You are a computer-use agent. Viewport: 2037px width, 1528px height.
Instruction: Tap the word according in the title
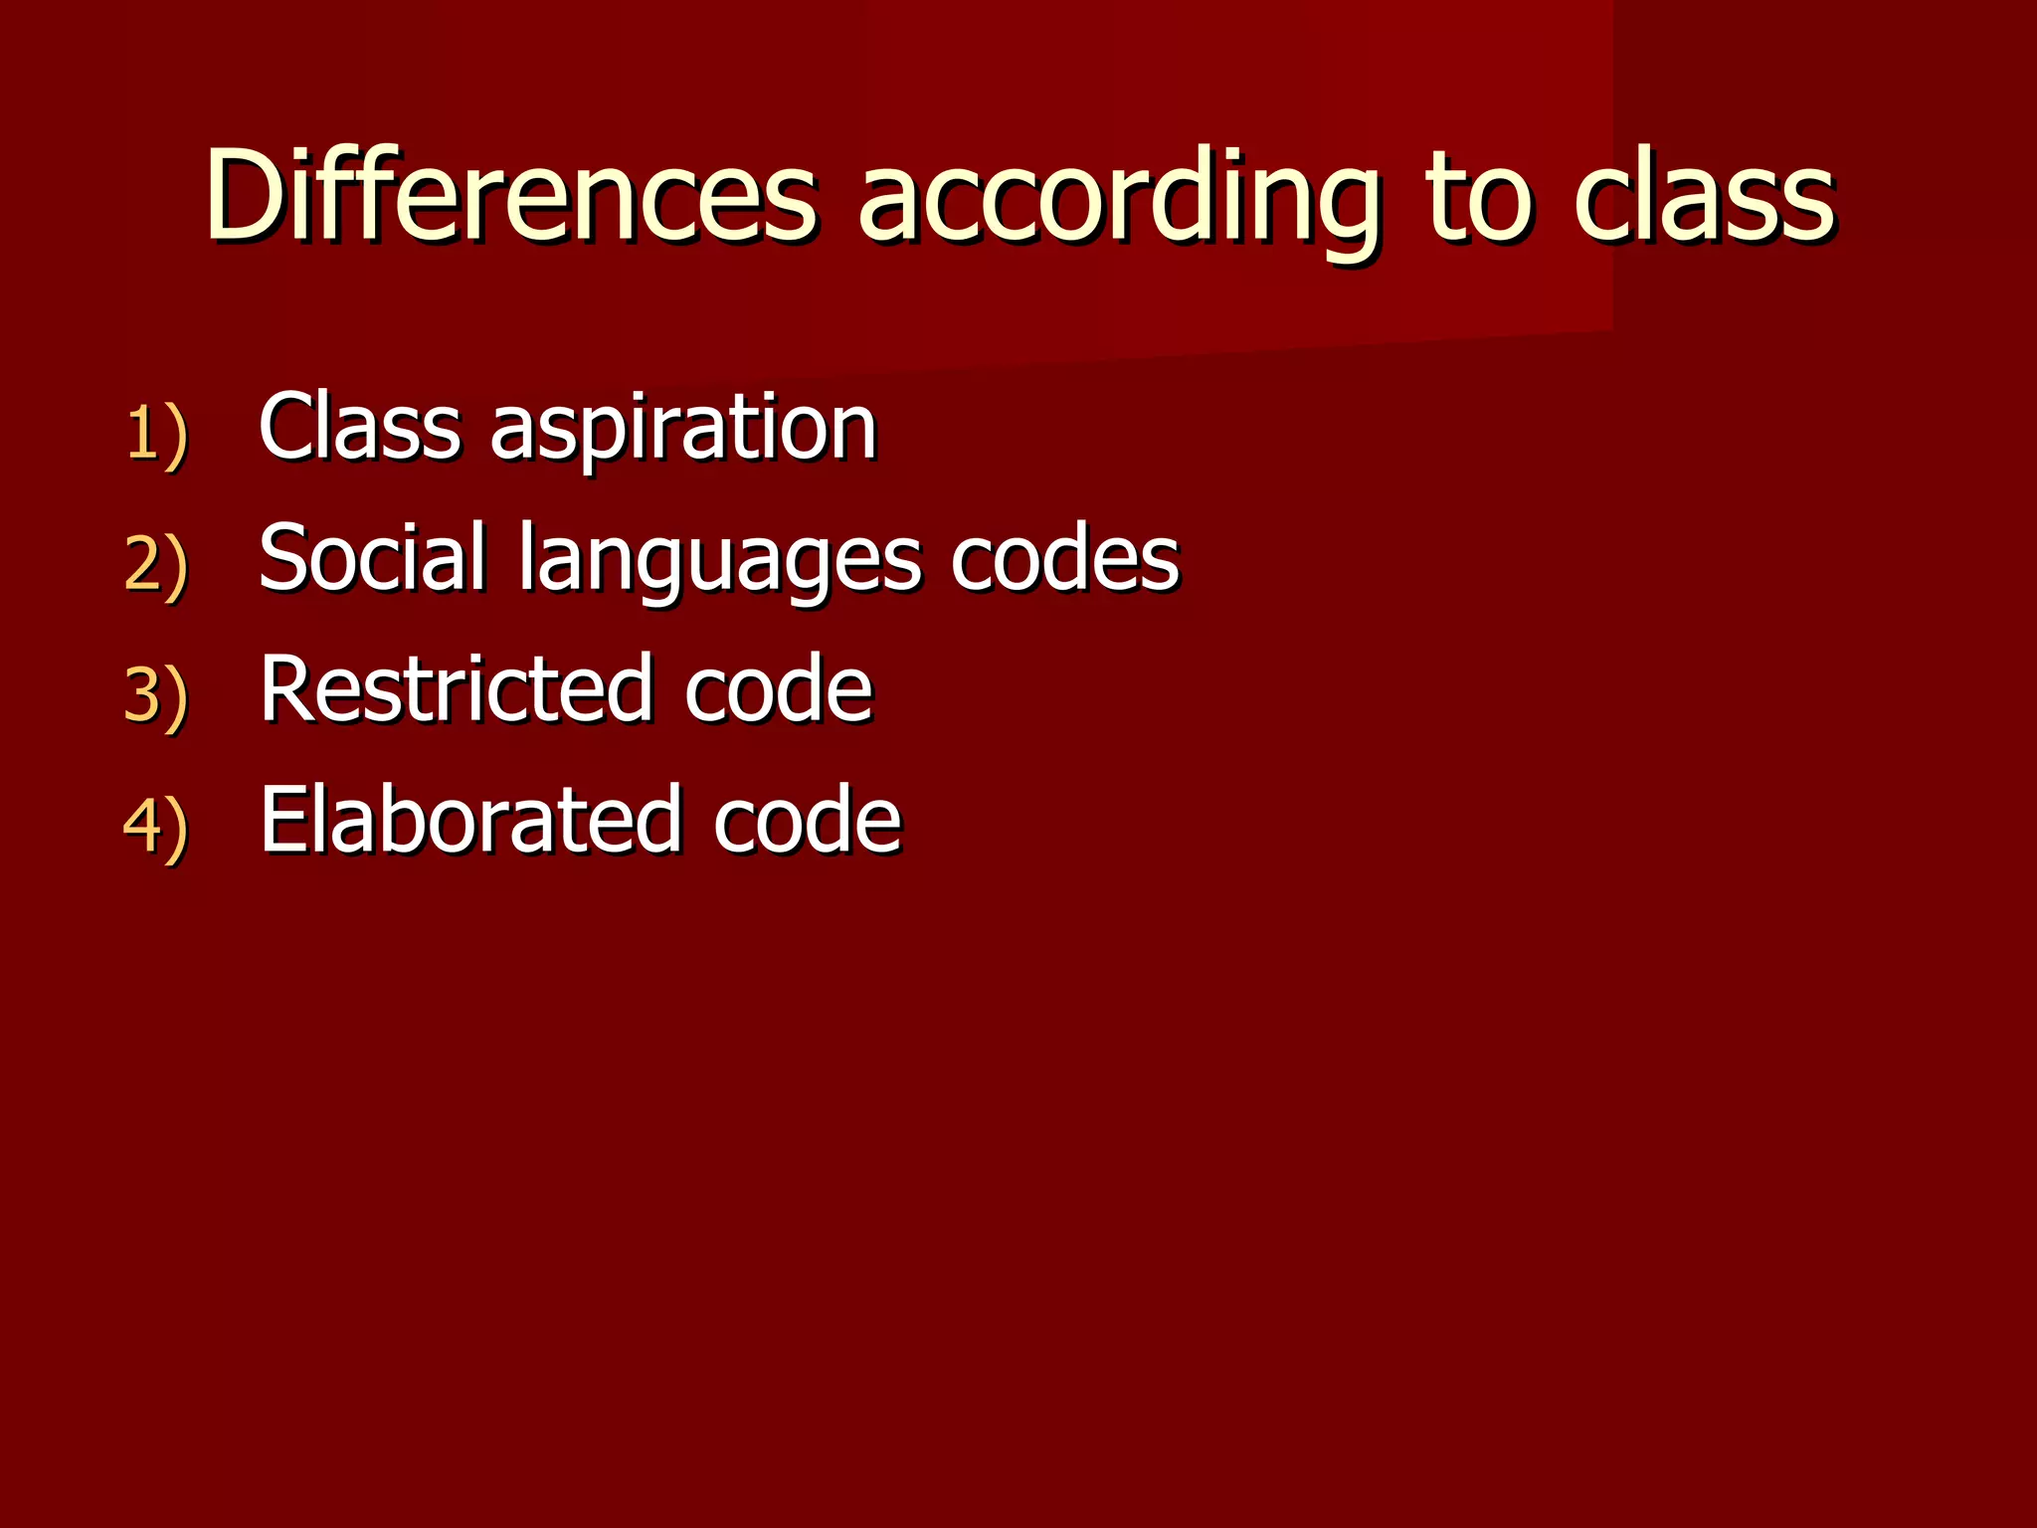(1118, 199)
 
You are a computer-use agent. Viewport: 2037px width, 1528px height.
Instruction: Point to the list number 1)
(156, 434)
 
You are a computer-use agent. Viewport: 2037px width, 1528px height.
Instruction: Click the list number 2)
(156, 564)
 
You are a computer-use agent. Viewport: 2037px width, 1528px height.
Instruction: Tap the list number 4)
(156, 825)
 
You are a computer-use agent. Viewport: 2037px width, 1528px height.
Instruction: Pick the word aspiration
(683, 430)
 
